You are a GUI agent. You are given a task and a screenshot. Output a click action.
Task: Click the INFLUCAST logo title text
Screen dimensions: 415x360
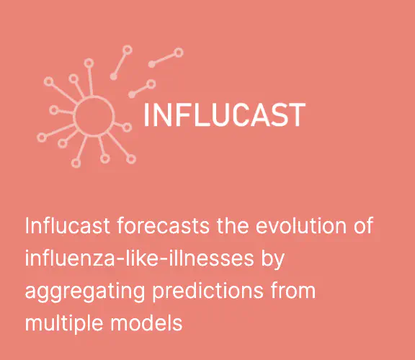225,114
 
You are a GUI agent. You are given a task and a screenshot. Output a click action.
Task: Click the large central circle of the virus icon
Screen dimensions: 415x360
94,96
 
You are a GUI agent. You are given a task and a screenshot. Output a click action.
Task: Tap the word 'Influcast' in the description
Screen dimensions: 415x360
68,225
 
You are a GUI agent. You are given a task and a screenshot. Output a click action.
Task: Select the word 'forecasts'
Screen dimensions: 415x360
164,225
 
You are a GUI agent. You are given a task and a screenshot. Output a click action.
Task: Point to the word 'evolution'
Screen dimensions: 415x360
301,225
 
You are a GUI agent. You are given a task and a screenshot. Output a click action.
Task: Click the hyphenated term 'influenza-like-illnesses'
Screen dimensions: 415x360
140,258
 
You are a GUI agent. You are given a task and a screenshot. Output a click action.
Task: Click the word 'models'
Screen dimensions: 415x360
146,323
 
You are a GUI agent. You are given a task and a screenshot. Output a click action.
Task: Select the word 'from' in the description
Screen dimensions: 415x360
293,290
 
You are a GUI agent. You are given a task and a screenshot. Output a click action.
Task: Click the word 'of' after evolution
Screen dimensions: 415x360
364,225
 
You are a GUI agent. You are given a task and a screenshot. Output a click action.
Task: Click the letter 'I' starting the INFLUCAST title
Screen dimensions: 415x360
146,114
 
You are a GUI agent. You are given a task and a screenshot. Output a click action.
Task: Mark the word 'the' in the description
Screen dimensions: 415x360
233,225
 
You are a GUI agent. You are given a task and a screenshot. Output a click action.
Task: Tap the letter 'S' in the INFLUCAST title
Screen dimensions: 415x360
279,114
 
